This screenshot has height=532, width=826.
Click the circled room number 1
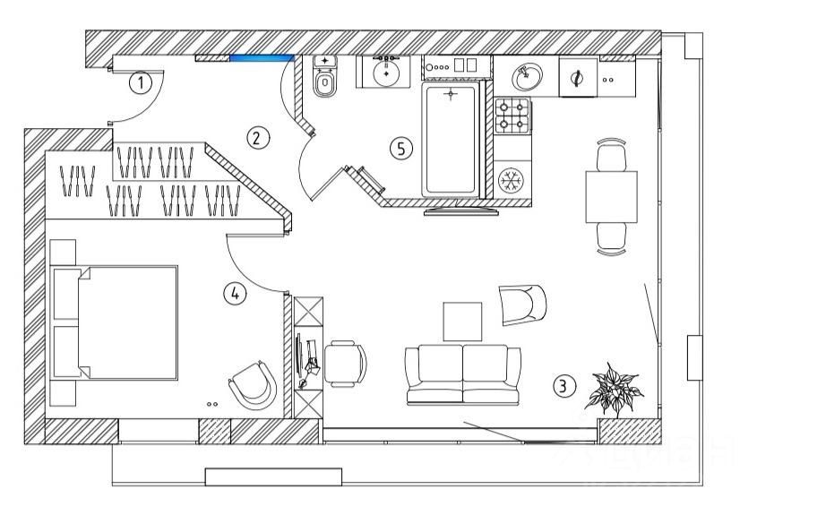tap(141, 83)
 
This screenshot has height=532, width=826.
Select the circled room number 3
tap(563, 386)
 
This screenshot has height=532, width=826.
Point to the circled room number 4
tap(235, 293)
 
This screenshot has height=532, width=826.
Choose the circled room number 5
tap(401, 149)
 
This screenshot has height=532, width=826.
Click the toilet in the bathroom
tap(325, 83)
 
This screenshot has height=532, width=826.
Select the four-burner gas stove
tap(512, 115)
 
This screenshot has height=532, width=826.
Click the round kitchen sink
tap(529, 77)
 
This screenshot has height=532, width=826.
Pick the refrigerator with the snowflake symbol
tap(512, 181)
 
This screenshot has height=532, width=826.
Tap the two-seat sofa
tap(463, 373)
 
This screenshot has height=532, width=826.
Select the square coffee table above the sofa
tap(462, 321)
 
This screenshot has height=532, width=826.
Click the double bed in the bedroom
tap(116, 322)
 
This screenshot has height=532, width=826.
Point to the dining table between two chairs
tap(612, 197)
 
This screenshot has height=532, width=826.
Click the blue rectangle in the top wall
tap(262, 59)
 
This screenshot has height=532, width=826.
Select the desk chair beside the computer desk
tap(345, 363)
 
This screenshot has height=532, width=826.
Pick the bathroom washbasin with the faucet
tap(387, 71)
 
